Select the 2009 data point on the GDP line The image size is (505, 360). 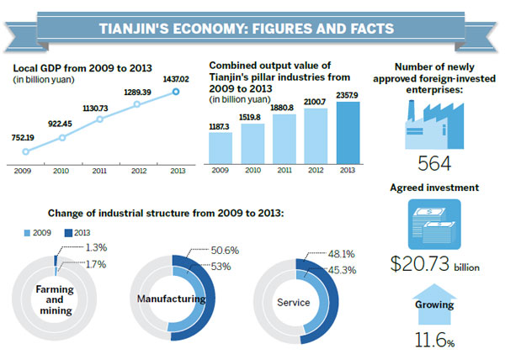pyautogui.click(x=26, y=152)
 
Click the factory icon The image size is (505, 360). pyautogui.click(x=435, y=126)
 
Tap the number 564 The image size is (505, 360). pyautogui.click(x=434, y=165)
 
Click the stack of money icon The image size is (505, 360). pyautogui.click(x=434, y=225)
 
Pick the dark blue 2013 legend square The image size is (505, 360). pyautogui.click(x=68, y=230)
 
